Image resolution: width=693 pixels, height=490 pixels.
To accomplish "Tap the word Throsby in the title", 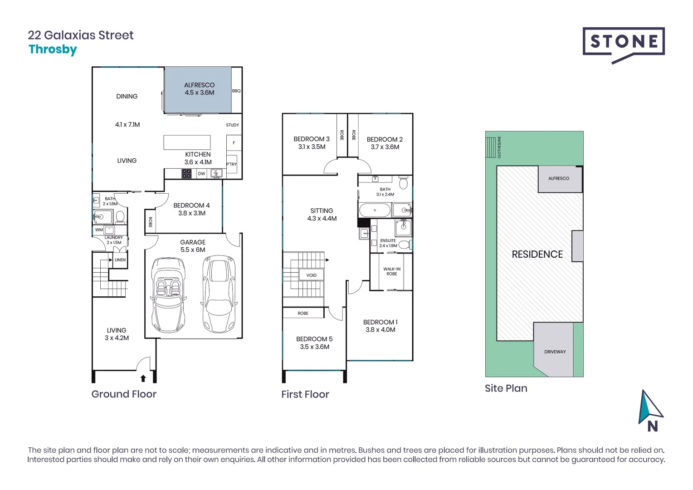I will click(x=53, y=49).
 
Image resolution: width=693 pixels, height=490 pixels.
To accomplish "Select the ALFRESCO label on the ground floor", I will click(x=199, y=85).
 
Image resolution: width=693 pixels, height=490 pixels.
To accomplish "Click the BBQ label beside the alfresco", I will click(x=236, y=91).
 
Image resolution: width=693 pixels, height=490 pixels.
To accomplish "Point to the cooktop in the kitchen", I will click(x=186, y=173).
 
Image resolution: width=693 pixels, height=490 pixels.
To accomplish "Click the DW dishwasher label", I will click(x=201, y=173).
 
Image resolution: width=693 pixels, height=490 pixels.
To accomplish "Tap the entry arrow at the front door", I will click(x=143, y=377).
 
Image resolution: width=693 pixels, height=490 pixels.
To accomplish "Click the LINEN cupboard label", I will click(x=120, y=260).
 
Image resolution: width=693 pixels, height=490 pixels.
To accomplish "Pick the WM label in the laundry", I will click(x=99, y=230).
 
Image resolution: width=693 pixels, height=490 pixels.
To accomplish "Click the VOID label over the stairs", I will click(x=311, y=275).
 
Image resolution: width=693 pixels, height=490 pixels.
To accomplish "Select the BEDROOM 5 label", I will click(x=314, y=339).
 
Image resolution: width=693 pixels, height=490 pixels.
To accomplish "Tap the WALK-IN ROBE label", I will click(x=391, y=271).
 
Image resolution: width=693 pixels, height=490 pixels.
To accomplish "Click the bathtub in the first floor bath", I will click(x=375, y=211).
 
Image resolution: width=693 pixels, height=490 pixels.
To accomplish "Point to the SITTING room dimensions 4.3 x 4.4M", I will click(x=322, y=218).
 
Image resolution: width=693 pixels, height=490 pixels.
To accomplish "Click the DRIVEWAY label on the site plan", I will click(x=555, y=352).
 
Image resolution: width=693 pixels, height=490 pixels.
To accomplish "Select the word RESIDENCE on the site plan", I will click(x=537, y=254).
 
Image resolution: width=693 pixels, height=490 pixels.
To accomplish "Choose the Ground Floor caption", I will click(x=124, y=394).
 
